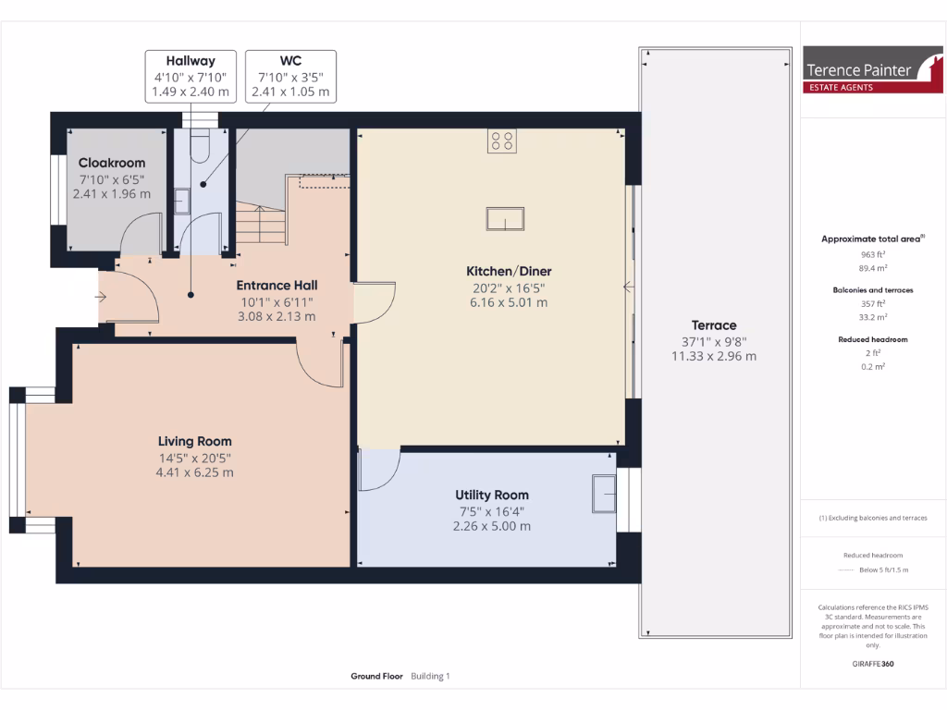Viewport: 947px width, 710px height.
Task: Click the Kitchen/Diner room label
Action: [x=509, y=271]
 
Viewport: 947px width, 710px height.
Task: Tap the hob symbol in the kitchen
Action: [x=502, y=141]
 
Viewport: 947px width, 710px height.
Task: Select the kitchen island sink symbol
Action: [x=506, y=219]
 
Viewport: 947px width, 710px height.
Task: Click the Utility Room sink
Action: [x=604, y=493]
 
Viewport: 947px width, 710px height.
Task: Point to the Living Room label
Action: [x=194, y=441]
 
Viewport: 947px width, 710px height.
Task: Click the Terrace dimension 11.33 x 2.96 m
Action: [x=713, y=356]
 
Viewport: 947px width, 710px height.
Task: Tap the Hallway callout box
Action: [x=190, y=76]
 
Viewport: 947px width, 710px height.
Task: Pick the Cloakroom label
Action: [x=112, y=163]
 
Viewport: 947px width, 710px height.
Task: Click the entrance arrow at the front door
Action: [x=101, y=297]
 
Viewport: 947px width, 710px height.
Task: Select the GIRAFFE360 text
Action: [x=873, y=664]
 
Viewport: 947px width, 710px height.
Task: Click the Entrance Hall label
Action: [x=277, y=285]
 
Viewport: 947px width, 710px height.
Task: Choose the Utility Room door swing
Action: [x=379, y=470]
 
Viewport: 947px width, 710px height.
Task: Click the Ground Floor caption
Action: [x=376, y=676]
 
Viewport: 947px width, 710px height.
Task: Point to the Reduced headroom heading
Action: [x=873, y=339]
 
